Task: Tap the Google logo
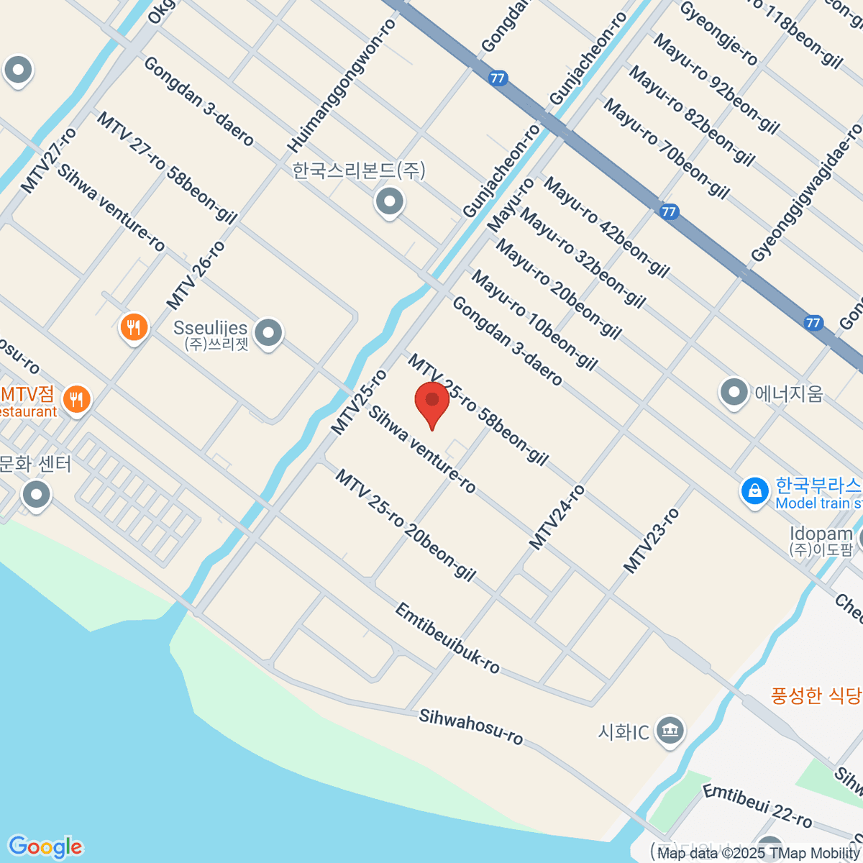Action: [x=45, y=847]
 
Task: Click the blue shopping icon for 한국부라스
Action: [x=754, y=493]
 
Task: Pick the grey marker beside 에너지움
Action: [x=734, y=393]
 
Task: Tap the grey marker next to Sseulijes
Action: [x=269, y=333]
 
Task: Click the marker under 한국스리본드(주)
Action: [x=390, y=202]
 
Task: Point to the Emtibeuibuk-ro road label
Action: [x=447, y=638]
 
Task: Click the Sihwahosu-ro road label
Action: [x=471, y=726]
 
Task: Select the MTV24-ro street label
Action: [x=557, y=518]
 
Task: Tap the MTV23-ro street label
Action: [x=651, y=540]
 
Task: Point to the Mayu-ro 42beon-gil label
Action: [x=606, y=227]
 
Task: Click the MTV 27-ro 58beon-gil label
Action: [x=166, y=168]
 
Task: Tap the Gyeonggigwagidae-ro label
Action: [x=806, y=193]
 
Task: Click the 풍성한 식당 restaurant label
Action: [x=816, y=695]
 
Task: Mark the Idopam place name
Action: [x=821, y=534]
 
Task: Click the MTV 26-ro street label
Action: [x=196, y=275]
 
